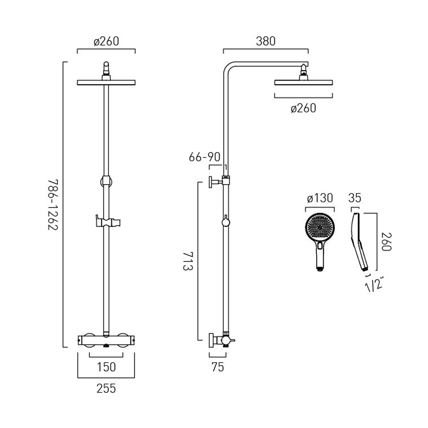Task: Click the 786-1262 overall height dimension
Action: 53,205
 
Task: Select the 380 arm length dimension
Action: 265,41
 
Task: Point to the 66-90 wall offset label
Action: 205,157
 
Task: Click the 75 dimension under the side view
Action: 218,367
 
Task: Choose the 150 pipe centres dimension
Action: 106,367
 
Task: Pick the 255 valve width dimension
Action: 106,388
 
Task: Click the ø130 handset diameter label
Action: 320,198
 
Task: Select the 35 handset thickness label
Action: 355,198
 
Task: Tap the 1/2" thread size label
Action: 374,284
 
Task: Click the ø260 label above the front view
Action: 106,41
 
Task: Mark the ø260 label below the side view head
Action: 303,108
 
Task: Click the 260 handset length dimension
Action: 386,242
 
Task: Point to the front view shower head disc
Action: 106,83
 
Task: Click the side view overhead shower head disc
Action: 304,83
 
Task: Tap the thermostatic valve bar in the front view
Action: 106,340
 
